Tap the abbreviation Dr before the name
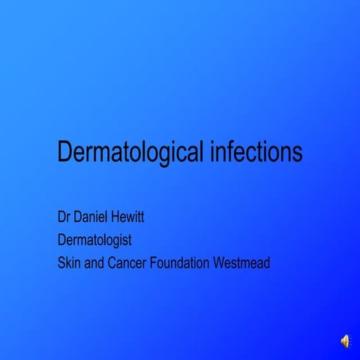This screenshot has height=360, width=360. click(64, 218)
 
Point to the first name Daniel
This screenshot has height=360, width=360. click(94, 218)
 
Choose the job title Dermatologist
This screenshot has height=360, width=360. click(94, 241)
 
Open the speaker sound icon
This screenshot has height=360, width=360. click(345, 341)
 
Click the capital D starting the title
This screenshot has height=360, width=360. click(64, 152)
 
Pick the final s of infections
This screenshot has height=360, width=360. click(297, 152)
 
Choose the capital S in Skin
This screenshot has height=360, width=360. click(61, 263)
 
